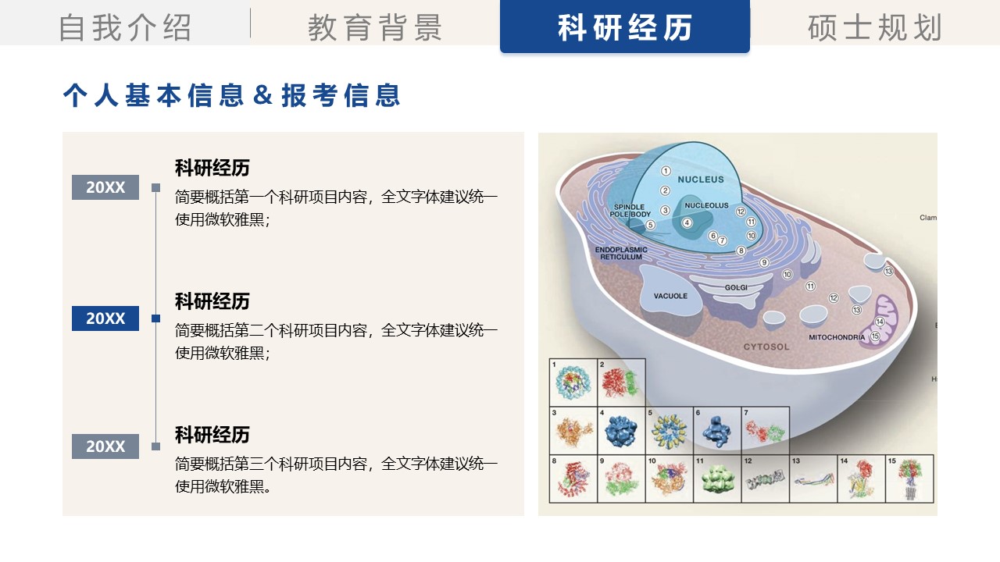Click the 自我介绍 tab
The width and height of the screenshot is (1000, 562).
pos(125,27)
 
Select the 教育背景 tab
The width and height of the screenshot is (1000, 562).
pos(375,27)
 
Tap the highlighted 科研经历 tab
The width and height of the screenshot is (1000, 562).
pos(625,27)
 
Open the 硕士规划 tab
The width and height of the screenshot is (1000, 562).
pos(875,27)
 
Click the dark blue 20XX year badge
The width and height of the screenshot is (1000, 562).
pos(105,318)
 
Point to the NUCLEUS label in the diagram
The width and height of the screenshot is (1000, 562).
pos(701,180)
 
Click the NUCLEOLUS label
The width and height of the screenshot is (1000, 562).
pos(706,206)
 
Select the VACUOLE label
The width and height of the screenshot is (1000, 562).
pos(670,296)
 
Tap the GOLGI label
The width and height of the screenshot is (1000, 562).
pos(736,287)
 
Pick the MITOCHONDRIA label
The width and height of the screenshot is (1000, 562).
pos(837,337)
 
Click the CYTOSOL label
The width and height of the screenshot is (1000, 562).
pos(766,347)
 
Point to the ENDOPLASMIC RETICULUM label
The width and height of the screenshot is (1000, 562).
pos(621,253)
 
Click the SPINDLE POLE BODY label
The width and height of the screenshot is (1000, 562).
pos(630,211)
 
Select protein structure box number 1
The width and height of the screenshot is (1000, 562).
pos(573,382)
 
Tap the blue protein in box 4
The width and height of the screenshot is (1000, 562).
pos(622,430)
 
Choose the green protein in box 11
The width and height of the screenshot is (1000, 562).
pos(717,478)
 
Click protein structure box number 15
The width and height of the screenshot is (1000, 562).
pos(909,478)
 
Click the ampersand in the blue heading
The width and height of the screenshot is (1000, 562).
pos(263,95)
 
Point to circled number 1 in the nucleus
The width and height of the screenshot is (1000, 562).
pos(666,170)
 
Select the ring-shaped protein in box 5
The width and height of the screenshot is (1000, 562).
pos(670,430)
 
